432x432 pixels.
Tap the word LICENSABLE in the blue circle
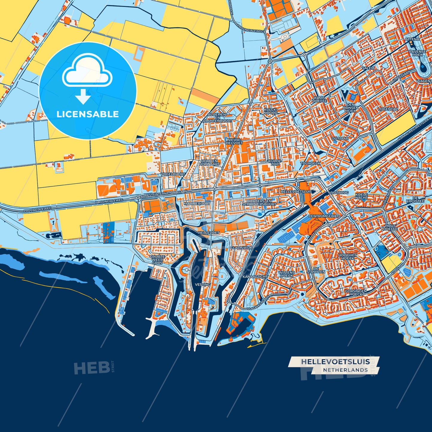tap(88, 114)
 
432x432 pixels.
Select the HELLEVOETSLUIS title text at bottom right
tap(335, 362)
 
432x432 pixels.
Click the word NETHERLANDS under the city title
tap(345, 370)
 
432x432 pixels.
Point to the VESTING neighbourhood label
tap(202, 285)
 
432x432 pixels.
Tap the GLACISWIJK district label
tap(241, 248)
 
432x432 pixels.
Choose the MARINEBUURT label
tap(197, 203)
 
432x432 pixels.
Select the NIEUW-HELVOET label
tap(235, 141)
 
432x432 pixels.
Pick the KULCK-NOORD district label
tap(271, 111)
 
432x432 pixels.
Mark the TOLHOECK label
tap(310, 164)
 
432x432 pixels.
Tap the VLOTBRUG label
tap(338, 193)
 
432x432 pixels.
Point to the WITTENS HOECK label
tap(286, 274)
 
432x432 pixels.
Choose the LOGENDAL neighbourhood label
tap(388, 109)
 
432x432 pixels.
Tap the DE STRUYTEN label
tap(316, 270)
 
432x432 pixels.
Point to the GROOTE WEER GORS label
tap(157, 259)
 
